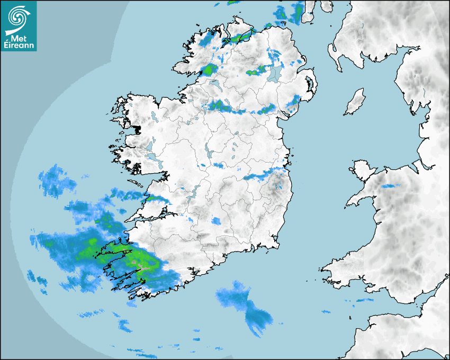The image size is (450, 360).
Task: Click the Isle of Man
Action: pos(355,102)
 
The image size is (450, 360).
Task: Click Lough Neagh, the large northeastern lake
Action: pos(274,73)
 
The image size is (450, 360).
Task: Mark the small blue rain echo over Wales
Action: pos(391,186)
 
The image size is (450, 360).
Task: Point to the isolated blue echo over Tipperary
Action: pos(216,221)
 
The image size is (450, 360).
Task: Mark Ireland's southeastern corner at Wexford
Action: pos(275,242)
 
